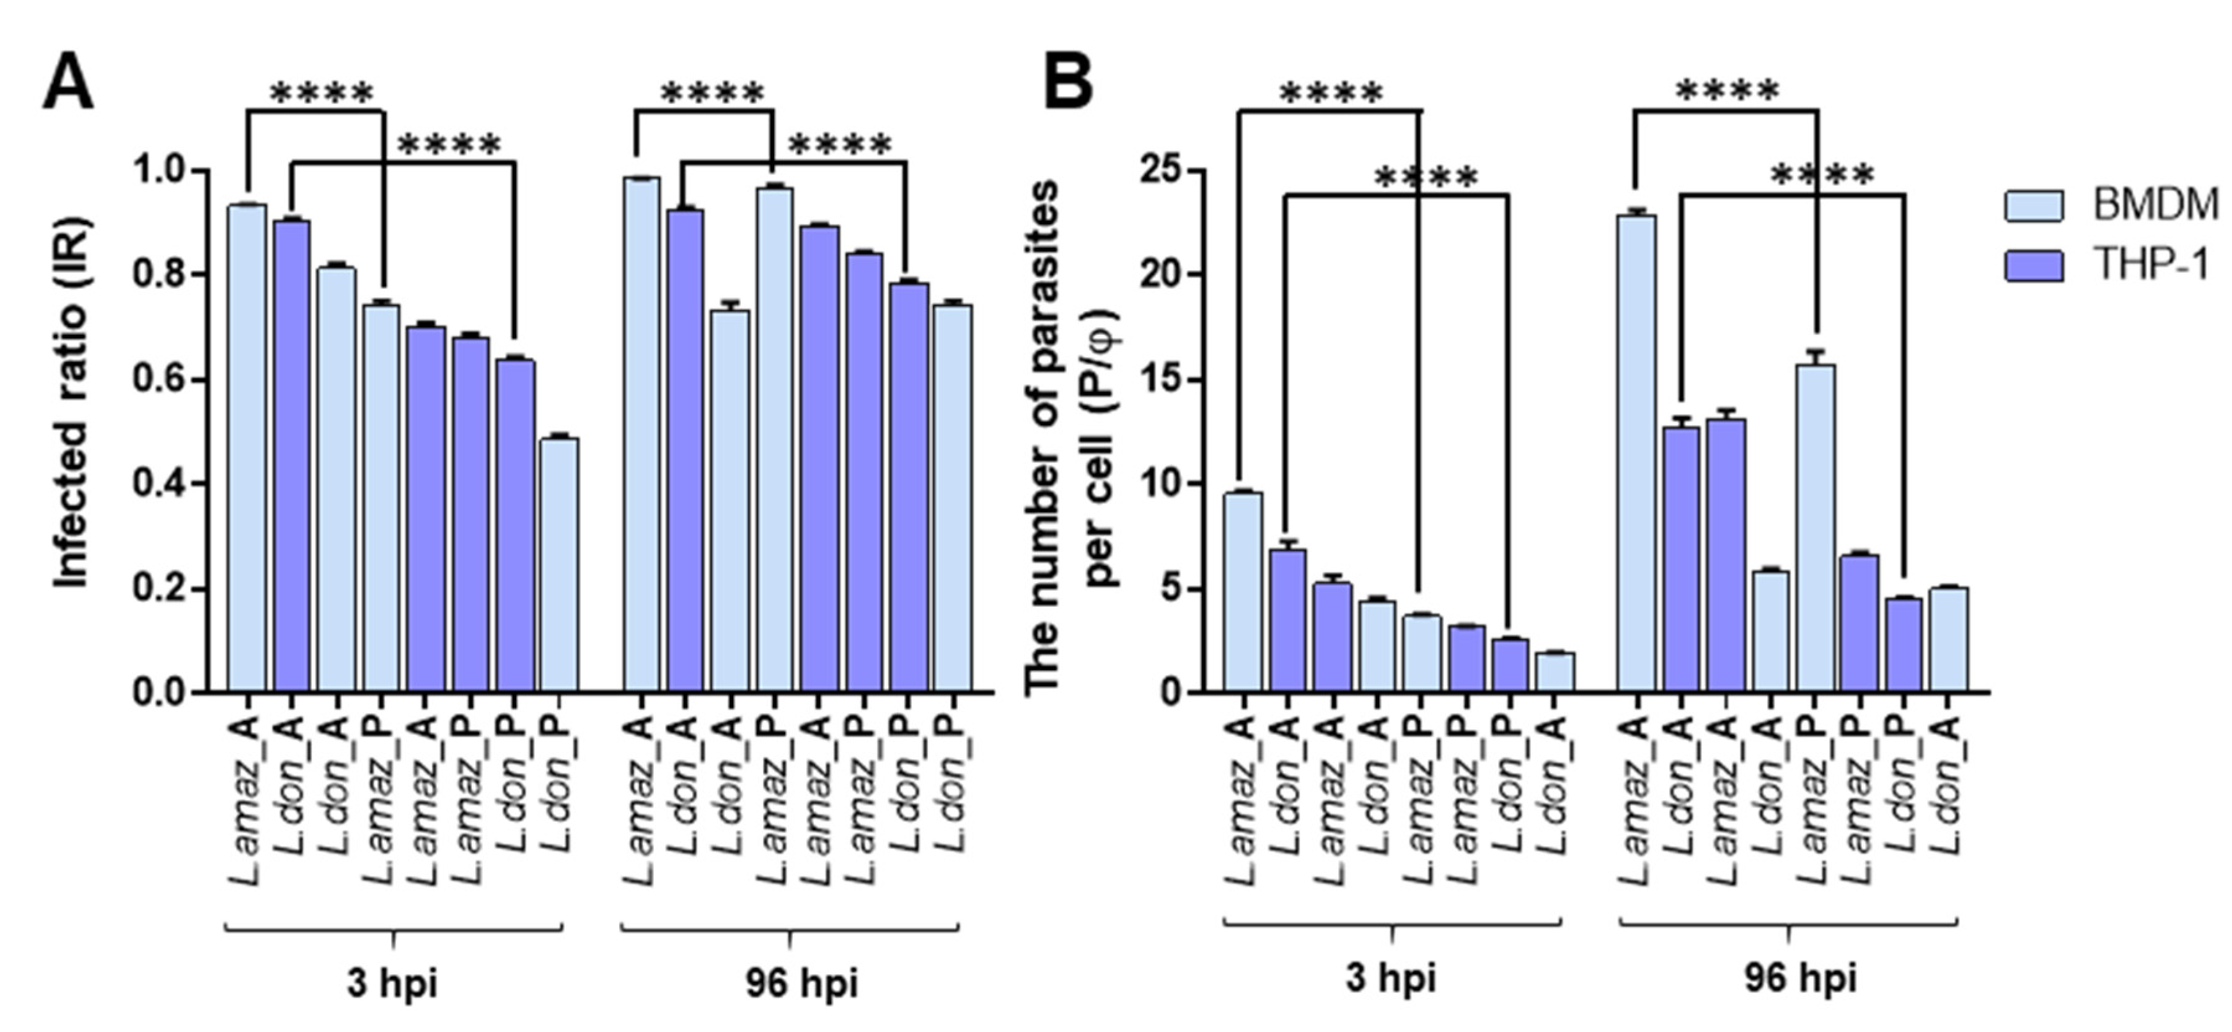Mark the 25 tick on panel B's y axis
1161,170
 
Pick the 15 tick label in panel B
1161,379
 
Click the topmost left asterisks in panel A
322,93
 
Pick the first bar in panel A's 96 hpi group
641,434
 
